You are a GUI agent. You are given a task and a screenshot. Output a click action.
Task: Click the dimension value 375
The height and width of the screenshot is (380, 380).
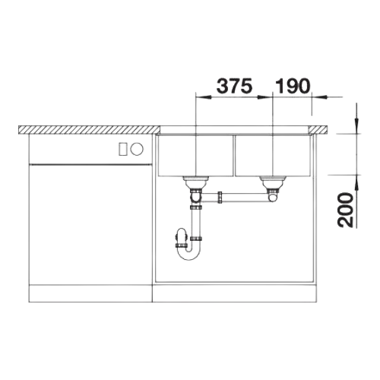click(x=235, y=86)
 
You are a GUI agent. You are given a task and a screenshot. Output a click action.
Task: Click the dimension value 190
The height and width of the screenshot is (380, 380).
click(x=293, y=86)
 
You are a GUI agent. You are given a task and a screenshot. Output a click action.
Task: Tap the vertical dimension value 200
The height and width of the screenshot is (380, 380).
click(x=345, y=210)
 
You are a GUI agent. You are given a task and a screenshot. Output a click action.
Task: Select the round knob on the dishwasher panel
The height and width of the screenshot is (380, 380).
click(x=137, y=149)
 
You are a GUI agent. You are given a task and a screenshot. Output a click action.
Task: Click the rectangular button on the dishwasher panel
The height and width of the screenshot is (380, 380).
click(x=123, y=149)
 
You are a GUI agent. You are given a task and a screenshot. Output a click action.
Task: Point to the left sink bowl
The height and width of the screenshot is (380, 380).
click(x=195, y=156)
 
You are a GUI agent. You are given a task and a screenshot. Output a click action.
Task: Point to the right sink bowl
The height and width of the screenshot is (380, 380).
click(x=273, y=156)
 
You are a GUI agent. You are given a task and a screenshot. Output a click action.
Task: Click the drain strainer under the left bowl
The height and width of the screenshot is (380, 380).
click(x=195, y=182)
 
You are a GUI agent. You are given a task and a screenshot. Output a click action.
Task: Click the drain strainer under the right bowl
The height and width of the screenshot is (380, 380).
click(x=273, y=182)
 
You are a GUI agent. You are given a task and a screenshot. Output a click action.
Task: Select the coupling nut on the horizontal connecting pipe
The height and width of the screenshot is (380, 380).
click(x=220, y=198)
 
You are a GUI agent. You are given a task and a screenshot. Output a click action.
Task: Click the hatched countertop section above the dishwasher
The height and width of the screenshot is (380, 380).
click(x=89, y=129)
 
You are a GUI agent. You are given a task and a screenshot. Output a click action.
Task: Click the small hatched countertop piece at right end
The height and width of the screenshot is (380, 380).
click(x=318, y=129)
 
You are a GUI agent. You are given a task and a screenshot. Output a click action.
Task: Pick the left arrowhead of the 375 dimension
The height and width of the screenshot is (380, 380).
click(x=204, y=97)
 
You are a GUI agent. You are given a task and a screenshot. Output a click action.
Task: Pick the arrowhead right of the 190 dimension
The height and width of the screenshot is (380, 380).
click(x=319, y=97)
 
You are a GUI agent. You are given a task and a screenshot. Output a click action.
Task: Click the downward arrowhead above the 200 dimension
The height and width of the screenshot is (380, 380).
click(x=356, y=126)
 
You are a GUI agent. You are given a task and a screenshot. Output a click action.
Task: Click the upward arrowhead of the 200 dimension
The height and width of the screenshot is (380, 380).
click(x=356, y=182)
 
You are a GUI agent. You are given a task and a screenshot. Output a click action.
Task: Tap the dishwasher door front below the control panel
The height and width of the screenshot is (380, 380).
click(x=90, y=224)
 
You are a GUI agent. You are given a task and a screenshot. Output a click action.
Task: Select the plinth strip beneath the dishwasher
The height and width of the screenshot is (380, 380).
click(x=90, y=293)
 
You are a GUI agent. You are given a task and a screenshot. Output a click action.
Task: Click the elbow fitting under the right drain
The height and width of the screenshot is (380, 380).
click(x=272, y=197)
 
